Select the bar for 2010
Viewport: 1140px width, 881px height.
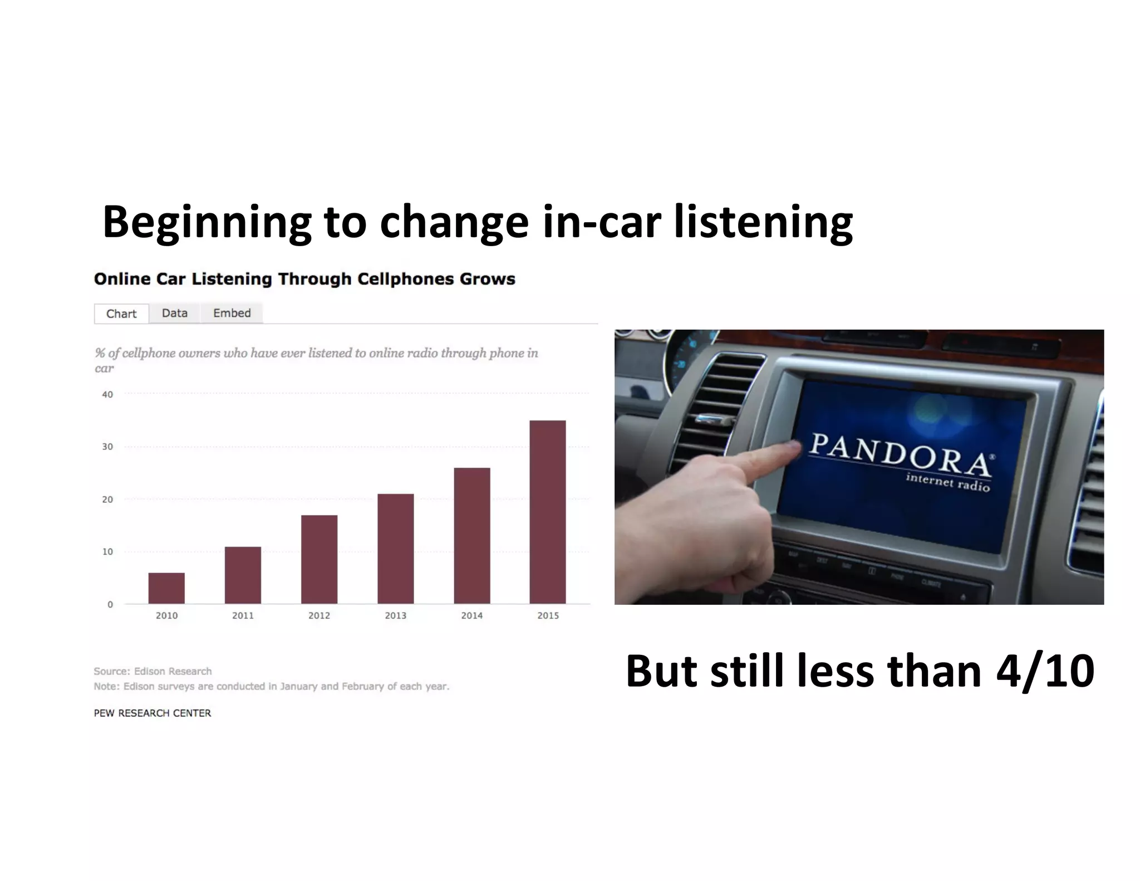click(166, 588)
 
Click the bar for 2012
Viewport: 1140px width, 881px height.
click(319, 559)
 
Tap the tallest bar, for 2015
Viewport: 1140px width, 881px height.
click(548, 512)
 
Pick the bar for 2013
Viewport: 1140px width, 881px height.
click(395, 549)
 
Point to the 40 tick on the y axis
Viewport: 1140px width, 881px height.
click(107, 394)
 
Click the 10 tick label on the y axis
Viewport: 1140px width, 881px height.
click(107, 552)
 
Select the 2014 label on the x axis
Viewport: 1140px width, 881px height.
click(471, 615)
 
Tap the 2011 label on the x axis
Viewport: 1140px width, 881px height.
click(243, 615)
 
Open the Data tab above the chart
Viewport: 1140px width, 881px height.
click(174, 313)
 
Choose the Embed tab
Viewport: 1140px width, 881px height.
click(232, 313)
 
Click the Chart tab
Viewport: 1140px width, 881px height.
click(121, 314)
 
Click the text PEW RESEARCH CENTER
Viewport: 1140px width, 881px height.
click(153, 713)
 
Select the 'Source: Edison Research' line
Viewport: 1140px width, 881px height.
click(153, 671)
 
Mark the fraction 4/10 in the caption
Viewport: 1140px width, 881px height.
click(1045, 671)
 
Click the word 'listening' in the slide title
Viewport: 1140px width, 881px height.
click(763, 222)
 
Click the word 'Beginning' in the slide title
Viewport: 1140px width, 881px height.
click(207, 222)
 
